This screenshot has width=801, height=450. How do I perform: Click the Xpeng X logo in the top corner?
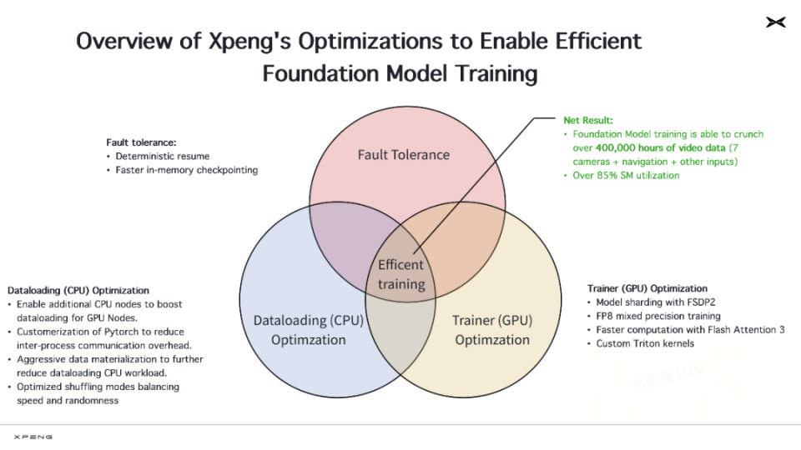coord(775,22)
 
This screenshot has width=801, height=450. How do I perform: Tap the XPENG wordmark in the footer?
coord(33,437)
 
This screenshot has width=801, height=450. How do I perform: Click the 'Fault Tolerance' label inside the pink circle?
coord(404,155)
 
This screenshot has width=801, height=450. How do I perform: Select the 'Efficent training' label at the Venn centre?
coord(401,274)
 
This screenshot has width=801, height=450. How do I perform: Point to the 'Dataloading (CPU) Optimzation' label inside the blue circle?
coord(309,330)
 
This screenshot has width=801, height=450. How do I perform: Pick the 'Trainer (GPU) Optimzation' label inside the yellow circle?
coord(492,330)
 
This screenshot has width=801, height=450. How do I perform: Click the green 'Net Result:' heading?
coord(588,120)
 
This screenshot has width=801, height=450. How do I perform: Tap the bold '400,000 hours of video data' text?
coord(661,148)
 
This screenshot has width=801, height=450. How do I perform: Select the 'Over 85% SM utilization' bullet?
coord(626,176)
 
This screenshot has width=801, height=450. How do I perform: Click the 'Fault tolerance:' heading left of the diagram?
coord(141,142)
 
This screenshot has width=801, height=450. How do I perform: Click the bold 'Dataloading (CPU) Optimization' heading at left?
coord(78,290)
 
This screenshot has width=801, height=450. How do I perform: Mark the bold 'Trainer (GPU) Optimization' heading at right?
coord(647,288)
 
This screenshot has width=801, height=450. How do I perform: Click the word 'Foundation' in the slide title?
coord(320,73)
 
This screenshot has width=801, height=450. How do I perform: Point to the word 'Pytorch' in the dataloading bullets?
coord(121,332)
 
